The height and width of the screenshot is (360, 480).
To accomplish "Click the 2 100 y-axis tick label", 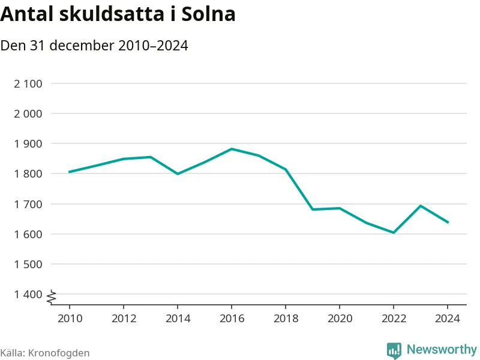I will [x=28, y=83].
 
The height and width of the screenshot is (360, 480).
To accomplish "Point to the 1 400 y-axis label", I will [x=28, y=294].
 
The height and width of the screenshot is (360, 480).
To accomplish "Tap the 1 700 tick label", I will [x=28, y=204].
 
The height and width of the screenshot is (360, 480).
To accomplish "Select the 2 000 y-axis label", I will [x=28, y=113].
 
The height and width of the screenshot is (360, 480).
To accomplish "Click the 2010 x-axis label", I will [x=70, y=318].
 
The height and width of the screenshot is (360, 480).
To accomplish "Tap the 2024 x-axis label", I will [x=448, y=318].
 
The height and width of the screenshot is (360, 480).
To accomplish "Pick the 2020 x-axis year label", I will [x=340, y=318].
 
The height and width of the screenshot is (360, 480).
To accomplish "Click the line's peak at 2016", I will [x=232, y=149].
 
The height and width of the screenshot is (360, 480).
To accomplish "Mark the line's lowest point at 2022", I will [x=394, y=233].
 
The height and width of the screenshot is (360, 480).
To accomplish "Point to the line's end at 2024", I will [x=448, y=223].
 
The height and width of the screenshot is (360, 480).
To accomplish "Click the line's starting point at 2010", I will [x=70, y=172].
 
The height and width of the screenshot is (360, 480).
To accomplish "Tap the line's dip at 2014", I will [x=178, y=174].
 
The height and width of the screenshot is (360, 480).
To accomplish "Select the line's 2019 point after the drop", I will [x=313, y=209].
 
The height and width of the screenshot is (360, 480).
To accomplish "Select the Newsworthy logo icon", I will [x=394, y=350].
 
